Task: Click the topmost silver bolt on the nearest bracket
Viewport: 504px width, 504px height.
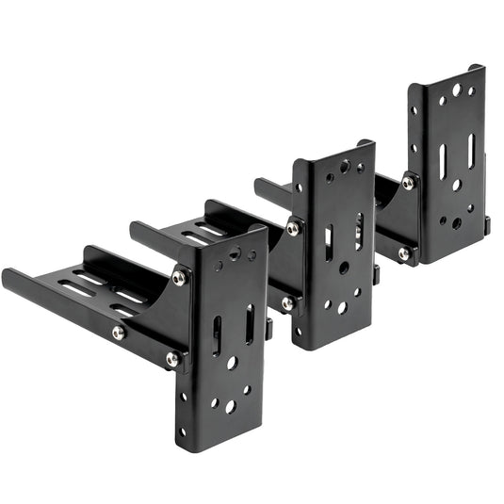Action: point(179,277)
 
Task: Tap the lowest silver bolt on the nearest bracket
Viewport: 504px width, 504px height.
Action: point(172,358)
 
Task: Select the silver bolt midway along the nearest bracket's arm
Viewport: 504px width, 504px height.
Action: point(119,332)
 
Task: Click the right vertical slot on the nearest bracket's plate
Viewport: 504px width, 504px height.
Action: point(249,323)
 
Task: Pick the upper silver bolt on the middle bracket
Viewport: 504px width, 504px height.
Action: point(294,228)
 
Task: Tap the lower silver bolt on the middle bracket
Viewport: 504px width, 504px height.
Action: point(287,303)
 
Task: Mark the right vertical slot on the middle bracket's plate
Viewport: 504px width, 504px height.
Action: point(359,230)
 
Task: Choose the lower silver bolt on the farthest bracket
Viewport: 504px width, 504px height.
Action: point(403,253)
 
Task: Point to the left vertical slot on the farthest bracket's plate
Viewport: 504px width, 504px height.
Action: point(442,163)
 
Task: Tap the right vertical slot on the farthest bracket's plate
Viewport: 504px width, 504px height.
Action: point(471,151)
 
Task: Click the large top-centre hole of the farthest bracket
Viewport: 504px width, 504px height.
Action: point(457,90)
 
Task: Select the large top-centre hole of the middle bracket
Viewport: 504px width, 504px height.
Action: point(346,168)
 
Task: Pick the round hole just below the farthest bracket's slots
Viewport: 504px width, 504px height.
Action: point(457,185)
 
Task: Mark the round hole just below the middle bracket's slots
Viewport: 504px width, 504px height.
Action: point(344,268)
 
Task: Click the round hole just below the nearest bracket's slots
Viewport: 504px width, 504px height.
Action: point(232,362)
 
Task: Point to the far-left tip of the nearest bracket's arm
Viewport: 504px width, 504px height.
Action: point(6,276)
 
